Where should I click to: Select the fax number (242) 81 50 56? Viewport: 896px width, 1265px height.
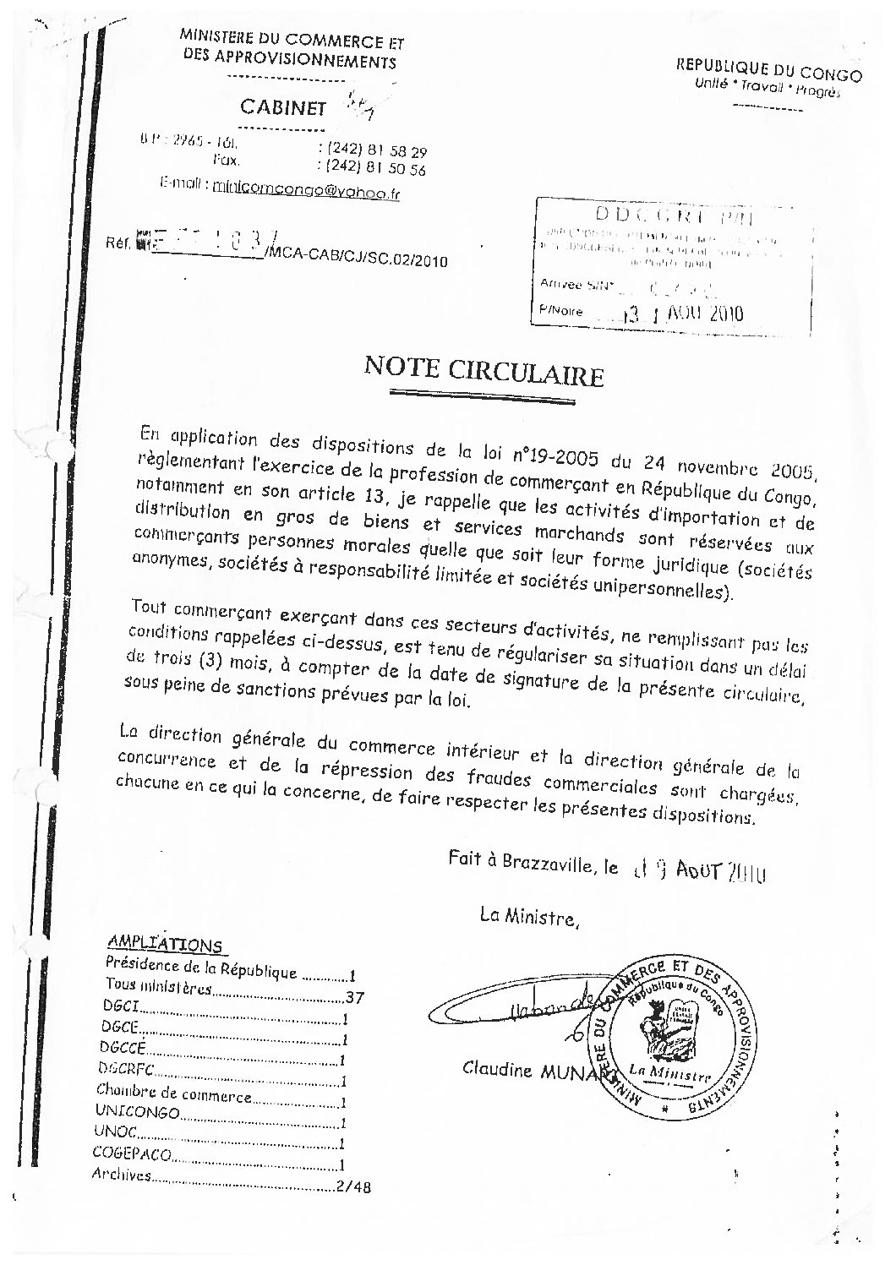[x=371, y=169]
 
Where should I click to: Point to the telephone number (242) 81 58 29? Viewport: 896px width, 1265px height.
[x=371, y=152]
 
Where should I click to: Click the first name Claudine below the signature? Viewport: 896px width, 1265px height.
[x=498, y=1070]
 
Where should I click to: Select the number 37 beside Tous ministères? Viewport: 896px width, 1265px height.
[x=354, y=998]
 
